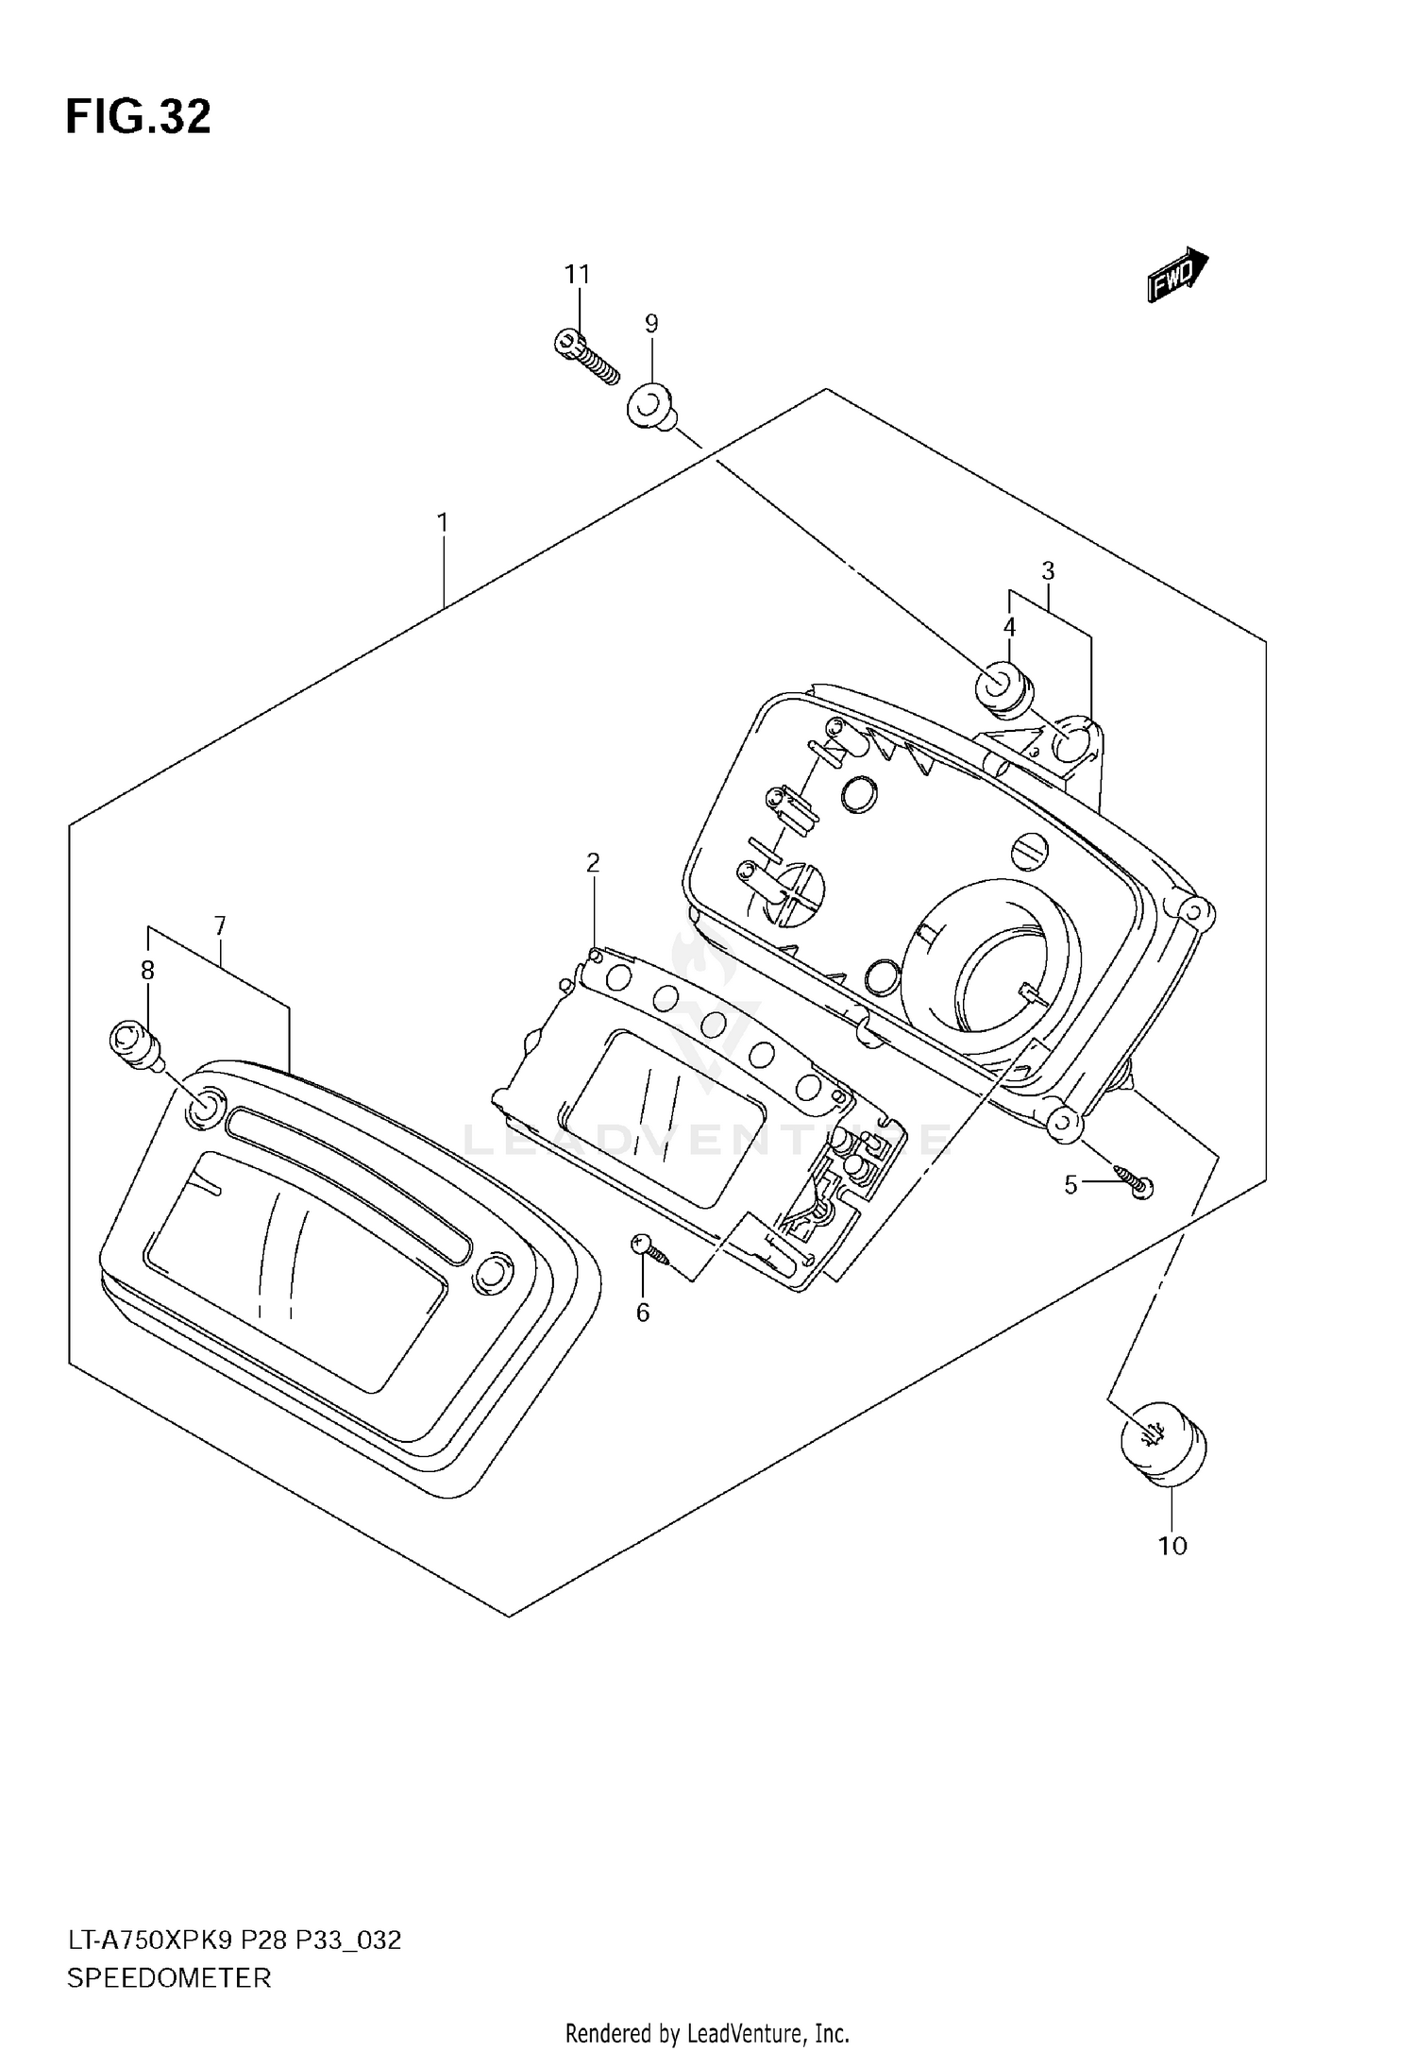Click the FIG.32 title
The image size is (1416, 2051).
point(138,117)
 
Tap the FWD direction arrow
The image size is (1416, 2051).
point(1177,275)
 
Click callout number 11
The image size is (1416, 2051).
point(577,275)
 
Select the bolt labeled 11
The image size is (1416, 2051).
point(585,359)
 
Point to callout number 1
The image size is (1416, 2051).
point(442,522)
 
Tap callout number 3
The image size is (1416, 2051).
point(1048,570)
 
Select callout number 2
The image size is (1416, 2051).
point(593,862)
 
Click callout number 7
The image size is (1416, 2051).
point(220,925)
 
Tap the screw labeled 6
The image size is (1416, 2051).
point(650,1251)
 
